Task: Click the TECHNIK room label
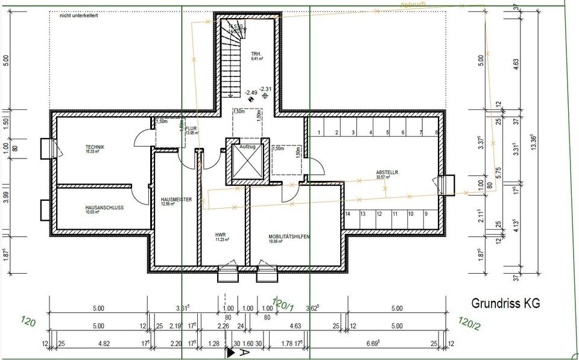click(95, 148)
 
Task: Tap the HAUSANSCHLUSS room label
click(104, 207)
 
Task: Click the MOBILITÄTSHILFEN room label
click(289, 237)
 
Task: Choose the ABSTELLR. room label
click(388, 172)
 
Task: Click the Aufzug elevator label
click(248, 147)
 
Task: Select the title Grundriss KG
click(505, 303)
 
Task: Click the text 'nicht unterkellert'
click(78, 16)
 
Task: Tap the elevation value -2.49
click(251, 92)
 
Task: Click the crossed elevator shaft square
click(248, 164)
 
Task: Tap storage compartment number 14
click(347, 214)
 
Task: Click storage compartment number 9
click(426, 214)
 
